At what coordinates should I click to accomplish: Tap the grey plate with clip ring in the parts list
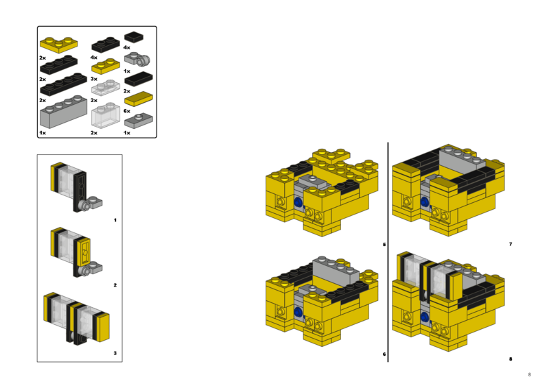point(137,60)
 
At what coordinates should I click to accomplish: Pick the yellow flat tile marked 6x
point(137,98)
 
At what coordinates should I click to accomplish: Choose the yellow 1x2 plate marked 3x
point(105,67)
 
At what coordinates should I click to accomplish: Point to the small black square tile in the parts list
point(134,37)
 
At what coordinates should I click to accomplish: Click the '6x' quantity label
point(126,110)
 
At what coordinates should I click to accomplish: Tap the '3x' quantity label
point(94,79)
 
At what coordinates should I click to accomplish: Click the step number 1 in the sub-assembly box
point(115,220)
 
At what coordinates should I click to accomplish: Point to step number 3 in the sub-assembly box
point(115,354)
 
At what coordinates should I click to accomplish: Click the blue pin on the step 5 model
point(298,202)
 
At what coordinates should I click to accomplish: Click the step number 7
point(510,244)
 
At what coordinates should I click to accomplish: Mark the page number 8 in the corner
point(529,374)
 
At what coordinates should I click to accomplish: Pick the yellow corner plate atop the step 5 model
point(330,156)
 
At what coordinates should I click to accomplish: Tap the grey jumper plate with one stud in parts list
point(137,121)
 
